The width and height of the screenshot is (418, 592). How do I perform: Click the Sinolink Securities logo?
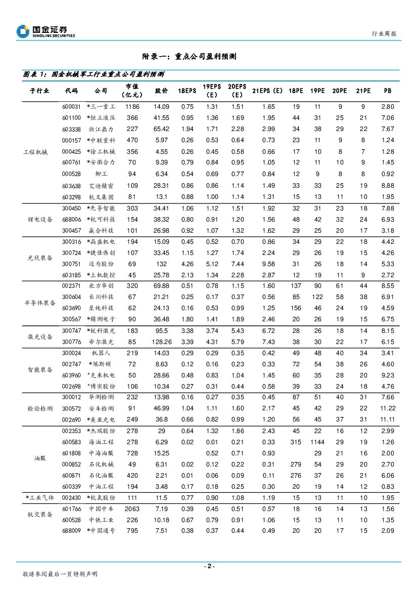tap(45, 31)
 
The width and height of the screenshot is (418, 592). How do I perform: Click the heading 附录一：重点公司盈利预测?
tap(190, 57)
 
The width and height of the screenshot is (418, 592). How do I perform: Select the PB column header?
tap(388, 91)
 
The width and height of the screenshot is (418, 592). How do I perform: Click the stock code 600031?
tap(71, 107)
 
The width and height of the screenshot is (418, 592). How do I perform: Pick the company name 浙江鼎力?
tap(101, 129)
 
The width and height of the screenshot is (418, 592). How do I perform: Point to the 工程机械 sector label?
tap(39, 152)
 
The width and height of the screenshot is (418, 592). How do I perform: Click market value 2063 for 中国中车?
tap(132, 509)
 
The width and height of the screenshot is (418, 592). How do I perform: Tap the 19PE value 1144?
tap(317, 442)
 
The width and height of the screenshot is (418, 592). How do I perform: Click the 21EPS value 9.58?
tap(268, 264)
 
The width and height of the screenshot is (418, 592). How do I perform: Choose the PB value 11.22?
tap(388, 408)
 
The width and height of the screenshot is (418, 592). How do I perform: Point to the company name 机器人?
tap(101, 353)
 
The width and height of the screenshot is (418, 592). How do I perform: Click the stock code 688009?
tap(71, 531)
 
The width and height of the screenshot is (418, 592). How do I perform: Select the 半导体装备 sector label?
tap(39, 303)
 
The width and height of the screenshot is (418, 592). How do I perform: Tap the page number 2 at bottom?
tap(209, 566)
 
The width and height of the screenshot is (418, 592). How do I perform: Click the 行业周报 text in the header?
tap(384, 33)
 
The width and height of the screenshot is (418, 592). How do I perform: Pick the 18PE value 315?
tap(296, 442)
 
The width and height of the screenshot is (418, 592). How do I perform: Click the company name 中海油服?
tap(101, 453)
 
